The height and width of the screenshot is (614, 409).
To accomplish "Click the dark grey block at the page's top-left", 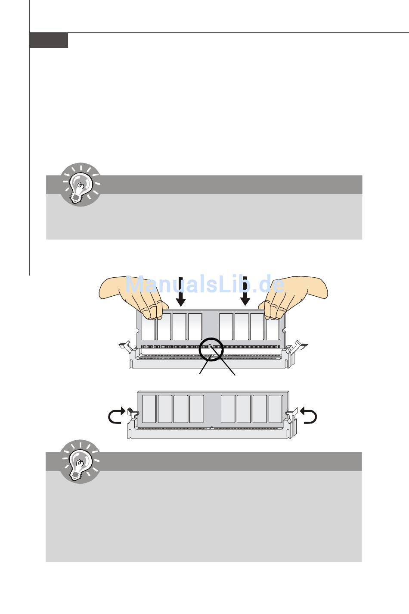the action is click(49, 40).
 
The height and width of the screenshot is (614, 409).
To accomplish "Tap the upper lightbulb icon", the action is click(81, 184).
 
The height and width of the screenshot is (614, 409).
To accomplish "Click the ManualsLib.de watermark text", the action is click(205, 284).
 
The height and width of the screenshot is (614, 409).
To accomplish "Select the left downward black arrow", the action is click(180, 291).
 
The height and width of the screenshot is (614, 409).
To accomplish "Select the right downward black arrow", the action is click(245, 291).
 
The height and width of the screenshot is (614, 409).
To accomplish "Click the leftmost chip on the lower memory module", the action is click(149, 409).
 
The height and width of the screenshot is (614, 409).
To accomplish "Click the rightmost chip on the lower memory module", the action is click(276, 409).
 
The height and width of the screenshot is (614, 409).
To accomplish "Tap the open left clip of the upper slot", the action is click(127, 348).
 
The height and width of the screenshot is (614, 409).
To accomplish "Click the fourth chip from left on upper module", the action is click(195, 327).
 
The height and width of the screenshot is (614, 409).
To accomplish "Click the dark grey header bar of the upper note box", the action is click(204, 185).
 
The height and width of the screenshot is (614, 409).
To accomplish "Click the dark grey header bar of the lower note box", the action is click(204, 462).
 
